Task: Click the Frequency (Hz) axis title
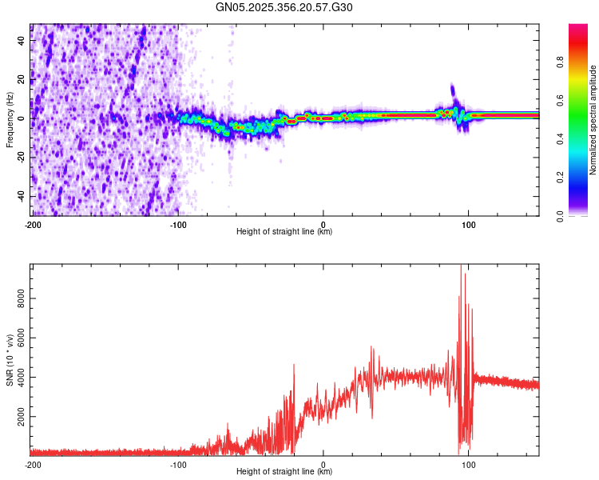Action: pos(10,120)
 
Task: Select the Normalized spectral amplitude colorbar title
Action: pos(593,120)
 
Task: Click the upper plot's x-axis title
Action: pos(284,232)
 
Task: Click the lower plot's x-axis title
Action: pos(284,472)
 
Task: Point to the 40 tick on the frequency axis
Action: pos(22,41)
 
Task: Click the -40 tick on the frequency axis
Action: pos(20,196)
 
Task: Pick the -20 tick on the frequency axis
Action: pos(20,158)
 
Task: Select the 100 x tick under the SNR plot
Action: pos(469,464)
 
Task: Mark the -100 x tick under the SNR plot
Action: pos(177,464)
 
